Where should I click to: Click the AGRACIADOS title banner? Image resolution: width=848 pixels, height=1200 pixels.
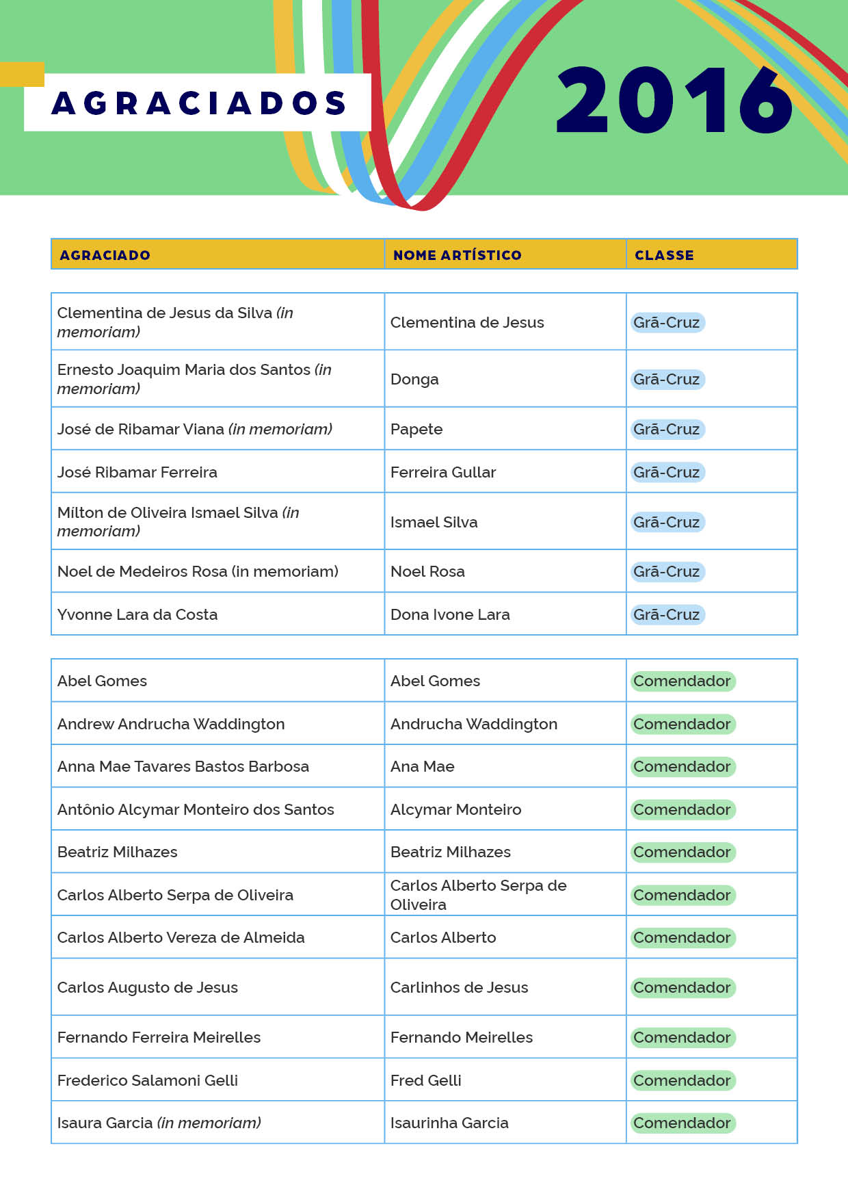click(198, 103)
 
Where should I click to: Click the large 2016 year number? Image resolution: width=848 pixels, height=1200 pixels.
click(674, 101)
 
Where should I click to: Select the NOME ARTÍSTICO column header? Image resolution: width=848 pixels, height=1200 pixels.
click(457, 255)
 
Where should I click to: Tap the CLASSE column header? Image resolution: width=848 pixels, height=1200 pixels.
click(664, 255)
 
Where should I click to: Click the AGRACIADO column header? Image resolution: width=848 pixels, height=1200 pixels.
click(105, 255)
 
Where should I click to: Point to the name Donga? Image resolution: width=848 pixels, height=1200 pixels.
click(414, 379)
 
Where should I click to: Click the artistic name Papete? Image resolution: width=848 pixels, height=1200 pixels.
click(416, 429)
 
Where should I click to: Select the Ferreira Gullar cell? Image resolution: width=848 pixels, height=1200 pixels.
click(443, 472)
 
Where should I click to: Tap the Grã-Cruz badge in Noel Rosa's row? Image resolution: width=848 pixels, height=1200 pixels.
click(667, 571)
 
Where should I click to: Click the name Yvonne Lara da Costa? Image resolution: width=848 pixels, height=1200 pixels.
click(137, 614)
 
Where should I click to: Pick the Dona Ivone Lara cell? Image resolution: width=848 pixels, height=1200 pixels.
click(450, 614)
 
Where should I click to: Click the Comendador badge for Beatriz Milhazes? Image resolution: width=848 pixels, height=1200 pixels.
click(682, 852)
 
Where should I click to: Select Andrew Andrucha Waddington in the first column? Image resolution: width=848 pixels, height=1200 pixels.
click(171, 724)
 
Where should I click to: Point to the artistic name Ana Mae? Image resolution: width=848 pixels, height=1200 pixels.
click(423, 766)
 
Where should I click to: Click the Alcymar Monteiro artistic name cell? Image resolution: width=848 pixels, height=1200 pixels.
click(455, 809)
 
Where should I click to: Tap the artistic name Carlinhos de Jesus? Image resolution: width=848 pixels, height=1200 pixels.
click(459, 987)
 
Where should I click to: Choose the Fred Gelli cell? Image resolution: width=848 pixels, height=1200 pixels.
click(425, 1080)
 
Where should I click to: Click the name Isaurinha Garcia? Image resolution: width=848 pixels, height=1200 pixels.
click(449, 1123)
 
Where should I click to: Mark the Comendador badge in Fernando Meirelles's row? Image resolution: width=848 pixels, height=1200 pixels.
click(682, 1037)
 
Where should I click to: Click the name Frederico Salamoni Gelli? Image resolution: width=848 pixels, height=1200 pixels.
click(148, 1080)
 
